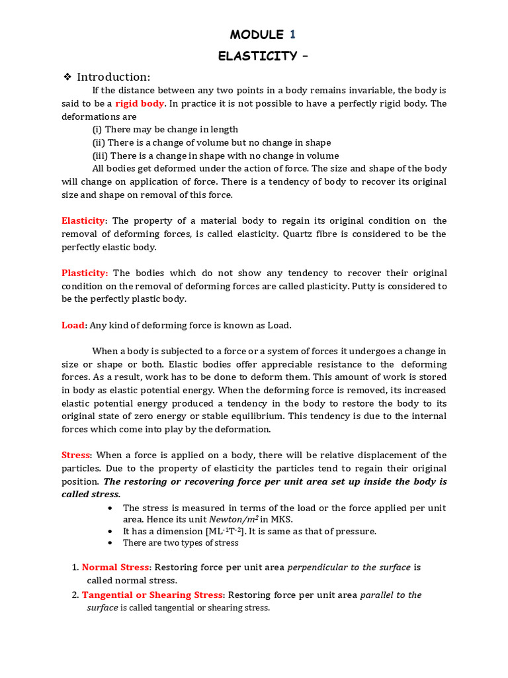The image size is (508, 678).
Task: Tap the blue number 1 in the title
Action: tap(292, 34)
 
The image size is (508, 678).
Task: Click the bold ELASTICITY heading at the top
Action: tap(257, 56)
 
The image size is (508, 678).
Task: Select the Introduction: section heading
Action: tap(114, 77)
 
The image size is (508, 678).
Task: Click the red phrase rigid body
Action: tap(140, 104)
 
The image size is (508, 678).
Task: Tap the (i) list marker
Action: tap(97, 130)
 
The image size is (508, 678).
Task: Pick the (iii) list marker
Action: tap(100, 156)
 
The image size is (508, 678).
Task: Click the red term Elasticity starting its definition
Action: tap(83, 220)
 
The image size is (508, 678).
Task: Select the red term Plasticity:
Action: tap(85, 273)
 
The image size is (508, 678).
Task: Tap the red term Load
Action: tap(73, 325)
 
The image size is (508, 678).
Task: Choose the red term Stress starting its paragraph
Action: tap(75, 455)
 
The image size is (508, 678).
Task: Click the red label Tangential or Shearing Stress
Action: tap(153, 595)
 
